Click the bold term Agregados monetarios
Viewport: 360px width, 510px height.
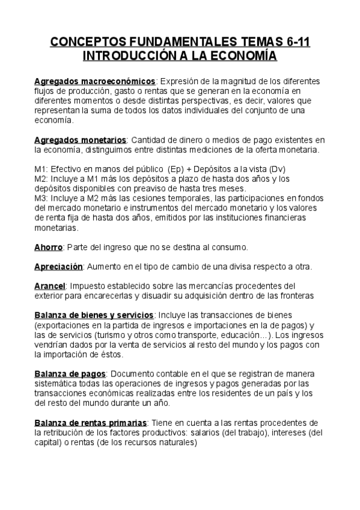tap(81, 140)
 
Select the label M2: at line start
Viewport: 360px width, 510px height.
tap(42, 179)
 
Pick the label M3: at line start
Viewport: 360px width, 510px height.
tap(42, 197)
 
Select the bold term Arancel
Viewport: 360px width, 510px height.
tap(50, 286)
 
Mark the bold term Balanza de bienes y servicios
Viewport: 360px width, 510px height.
tap(94, 315)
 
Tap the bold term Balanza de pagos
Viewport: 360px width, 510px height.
tap(70, 373)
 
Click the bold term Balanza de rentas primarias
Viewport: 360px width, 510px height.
tap(90, 423)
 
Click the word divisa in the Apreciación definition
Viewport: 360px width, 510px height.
tap(225, 266)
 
